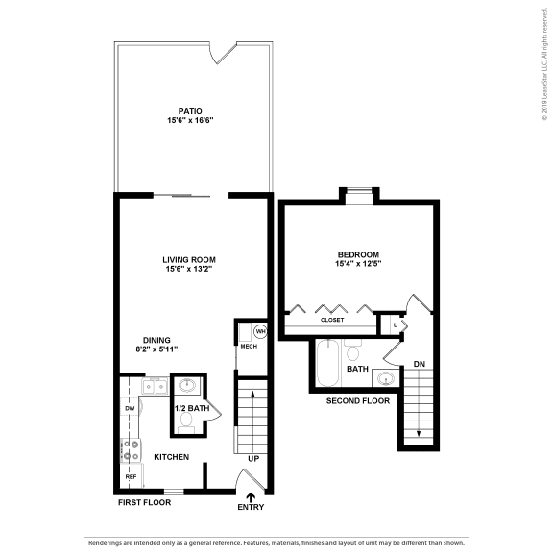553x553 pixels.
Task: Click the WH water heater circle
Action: (x=259, y=330)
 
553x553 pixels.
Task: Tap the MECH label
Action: (x=248, y=346)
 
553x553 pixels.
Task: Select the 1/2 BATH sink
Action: (x=186, y=387)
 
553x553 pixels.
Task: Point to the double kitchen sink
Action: (x=154, y=387)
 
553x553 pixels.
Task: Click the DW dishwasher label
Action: (x=130, y=408)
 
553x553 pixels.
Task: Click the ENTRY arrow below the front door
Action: (x=252, y=497)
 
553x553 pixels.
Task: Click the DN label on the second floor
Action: (x=419, y=364)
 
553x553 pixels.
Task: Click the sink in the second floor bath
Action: (x=386, y=376)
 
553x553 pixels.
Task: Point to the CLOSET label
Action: (x=332, y=320)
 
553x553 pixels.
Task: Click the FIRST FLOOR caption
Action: (x=143, y=502)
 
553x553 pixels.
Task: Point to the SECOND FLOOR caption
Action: (x=358, y=400)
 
